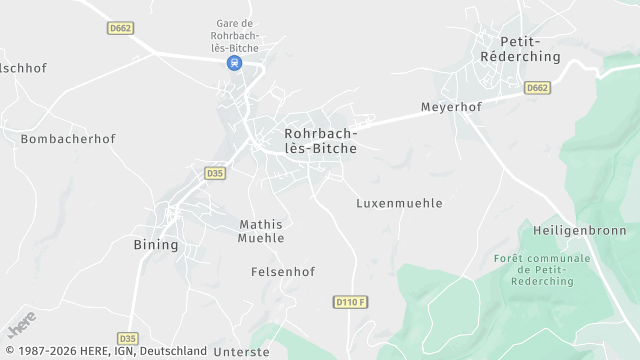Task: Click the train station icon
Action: (234, 63)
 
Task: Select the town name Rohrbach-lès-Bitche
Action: (320, 139)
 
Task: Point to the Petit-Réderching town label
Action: (519, 49)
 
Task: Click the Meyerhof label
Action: (451, 106)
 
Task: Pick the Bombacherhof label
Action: (68, 139)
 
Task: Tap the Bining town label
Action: (156, 244)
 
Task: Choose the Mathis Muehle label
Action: (261, 231)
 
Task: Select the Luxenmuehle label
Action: (399, 203)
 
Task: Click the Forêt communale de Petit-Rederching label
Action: (542, 270)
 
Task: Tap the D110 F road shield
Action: (351, 301)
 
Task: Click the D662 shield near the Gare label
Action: (121, 28)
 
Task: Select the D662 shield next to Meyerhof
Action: (538, 88)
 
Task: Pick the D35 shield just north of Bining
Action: (215, 173)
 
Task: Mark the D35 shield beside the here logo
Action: (127, 338)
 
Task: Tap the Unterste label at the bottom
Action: (242, 352)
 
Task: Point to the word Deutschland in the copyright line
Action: (173, 351)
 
